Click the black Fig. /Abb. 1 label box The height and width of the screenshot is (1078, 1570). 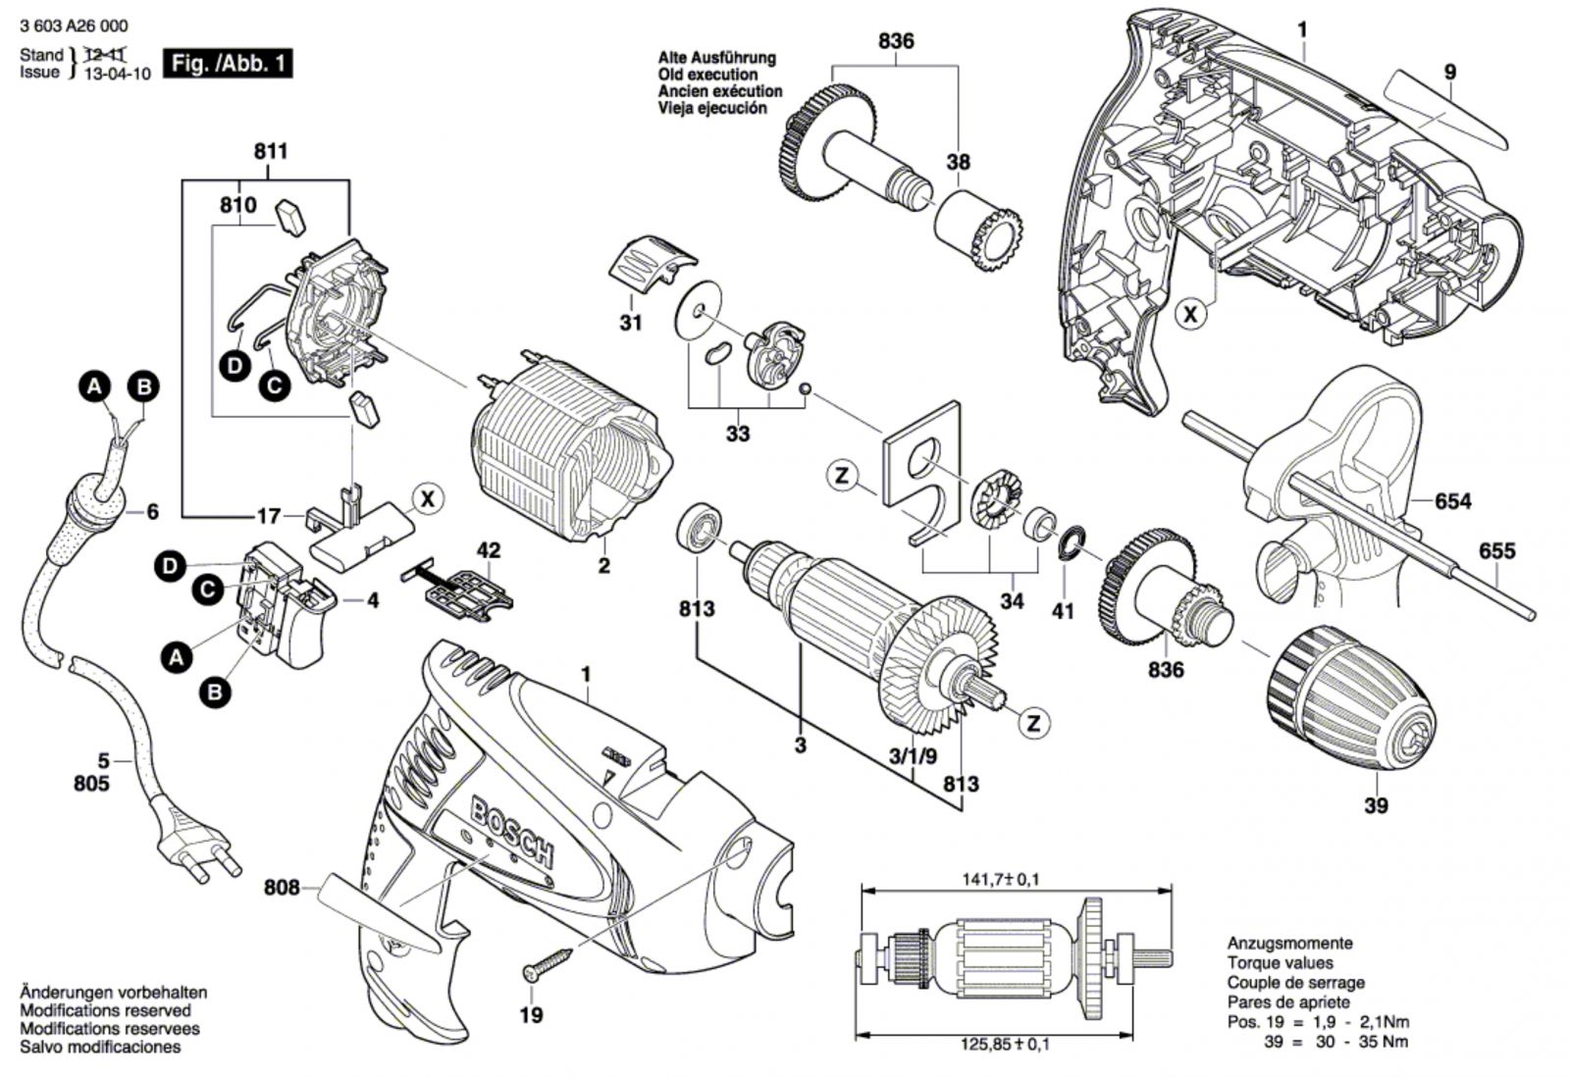[x=228, y=65]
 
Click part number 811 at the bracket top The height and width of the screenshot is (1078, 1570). [x=271, y=151]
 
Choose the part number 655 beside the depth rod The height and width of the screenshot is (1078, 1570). [x=1496, y=551]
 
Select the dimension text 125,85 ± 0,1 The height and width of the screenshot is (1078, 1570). [x=1001, y=1045]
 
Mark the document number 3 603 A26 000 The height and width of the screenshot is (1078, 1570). [x=74, y=26]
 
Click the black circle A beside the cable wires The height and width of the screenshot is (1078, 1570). [x=94, y=386]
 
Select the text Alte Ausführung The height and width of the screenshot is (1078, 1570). [x=716, y=58]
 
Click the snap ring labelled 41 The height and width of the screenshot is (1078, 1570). [x=1073, y=542]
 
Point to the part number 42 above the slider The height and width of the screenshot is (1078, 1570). [x=488, y=550]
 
